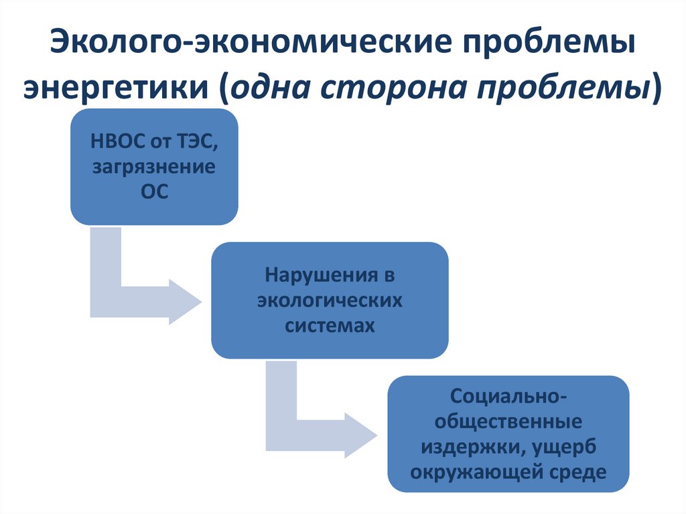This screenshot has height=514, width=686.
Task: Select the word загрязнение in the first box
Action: (x=154, y=168)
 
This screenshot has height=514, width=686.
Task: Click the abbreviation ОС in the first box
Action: (x=154, y=192)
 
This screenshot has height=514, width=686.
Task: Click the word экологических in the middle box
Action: (x=330, y=300)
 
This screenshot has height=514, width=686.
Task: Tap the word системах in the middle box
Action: (x=330, y=325)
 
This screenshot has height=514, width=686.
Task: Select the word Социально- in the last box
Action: (x=508, y=397)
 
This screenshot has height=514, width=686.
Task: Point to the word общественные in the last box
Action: (x=508, y=422)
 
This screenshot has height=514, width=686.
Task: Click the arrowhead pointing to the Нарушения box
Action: (x=184, y=301)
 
